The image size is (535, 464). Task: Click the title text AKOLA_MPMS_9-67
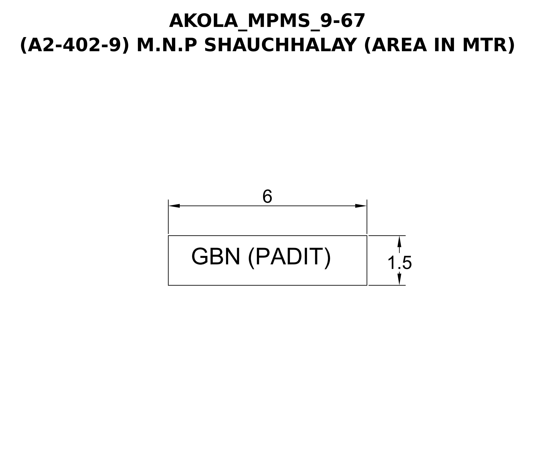click(x=267, y=21)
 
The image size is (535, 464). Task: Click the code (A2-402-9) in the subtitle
click(x=74, y=45)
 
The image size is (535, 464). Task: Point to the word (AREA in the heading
click(x=396, y=45)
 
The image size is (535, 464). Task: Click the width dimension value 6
click(x=267, y=196)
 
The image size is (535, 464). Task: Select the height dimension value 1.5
click(x=399, y=263)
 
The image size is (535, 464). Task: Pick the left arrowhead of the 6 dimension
click(x=174, y=206)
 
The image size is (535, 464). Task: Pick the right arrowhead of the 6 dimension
click(x=361, y=206)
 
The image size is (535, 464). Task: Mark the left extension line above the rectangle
click(x=168, y=217)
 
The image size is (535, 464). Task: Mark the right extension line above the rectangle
click(x=367, y=217)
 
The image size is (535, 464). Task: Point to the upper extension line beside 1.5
click(x=387, y=236)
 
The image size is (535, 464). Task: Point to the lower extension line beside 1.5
click(x=387, y=285)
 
